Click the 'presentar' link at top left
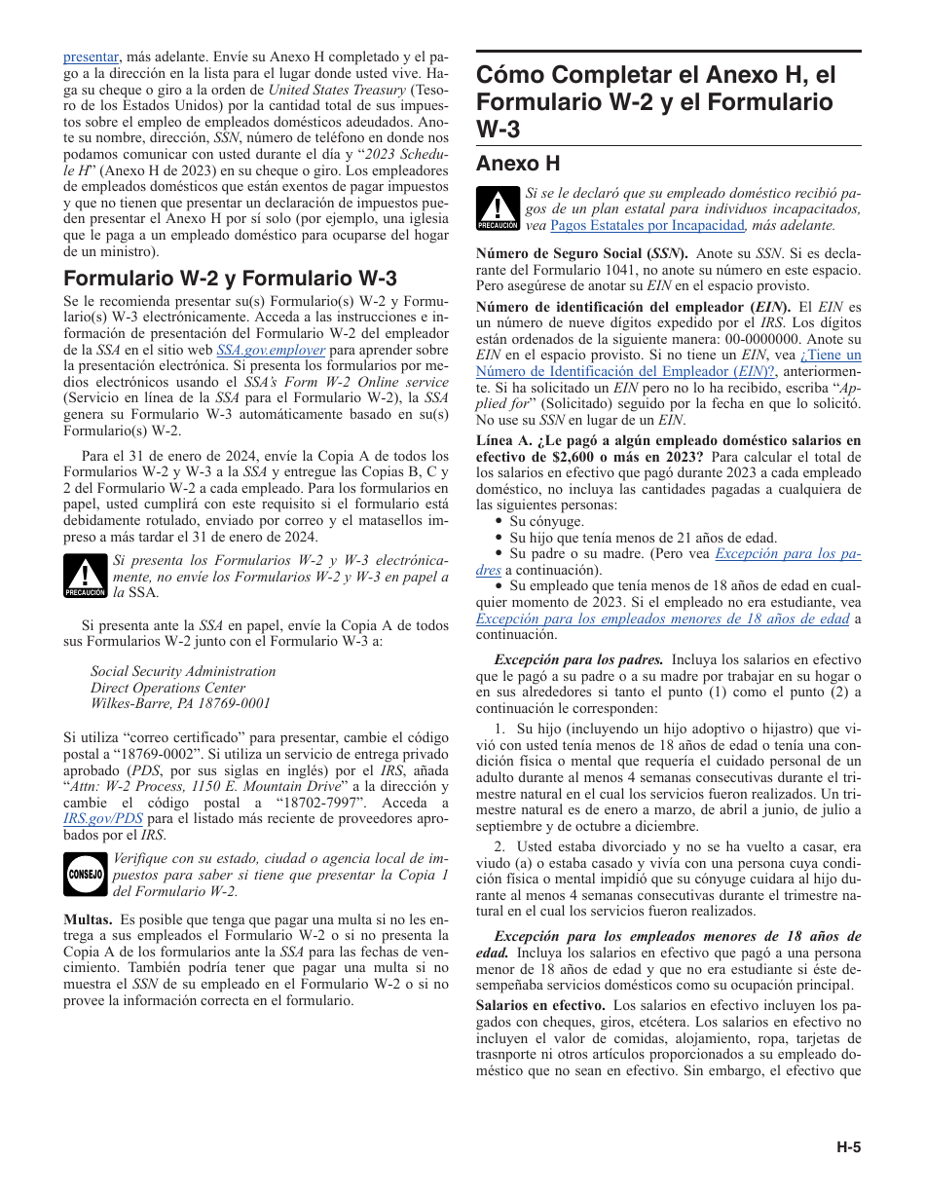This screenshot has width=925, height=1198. [x=91, y=57]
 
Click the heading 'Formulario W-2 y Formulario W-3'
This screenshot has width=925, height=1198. [x=230, y=279]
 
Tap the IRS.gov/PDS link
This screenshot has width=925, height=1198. [x=96, y=819]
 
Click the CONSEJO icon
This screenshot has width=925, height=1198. [x=85, y=874]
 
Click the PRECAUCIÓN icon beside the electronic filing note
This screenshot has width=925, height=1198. [x=85, y=576]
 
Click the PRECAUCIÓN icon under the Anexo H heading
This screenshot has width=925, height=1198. [x=498, y=208]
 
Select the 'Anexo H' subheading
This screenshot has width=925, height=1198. [x=518, y=163]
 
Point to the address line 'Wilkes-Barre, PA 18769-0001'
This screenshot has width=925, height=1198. [x=180, y=703]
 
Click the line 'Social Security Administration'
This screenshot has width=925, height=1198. [x=183, y=671]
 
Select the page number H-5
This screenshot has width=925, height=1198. [x=848, y=1146]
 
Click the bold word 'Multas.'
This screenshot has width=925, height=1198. [x=87, y=919]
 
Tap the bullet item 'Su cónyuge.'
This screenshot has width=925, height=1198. [x=546, y=521]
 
